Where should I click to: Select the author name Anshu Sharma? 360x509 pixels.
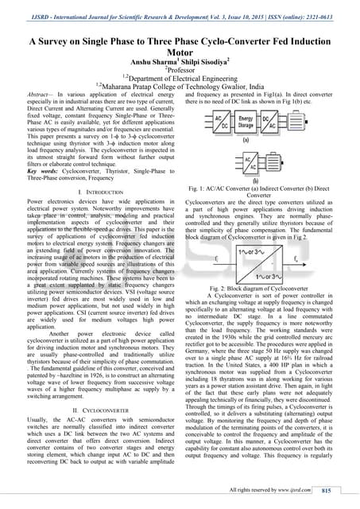pyautogui.click(x=153, y=64)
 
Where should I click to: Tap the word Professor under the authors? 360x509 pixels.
pyautogui.click(x=180, y=72)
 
